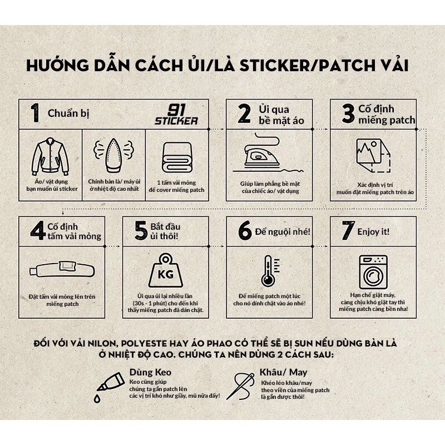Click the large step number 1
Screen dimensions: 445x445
point(34,113)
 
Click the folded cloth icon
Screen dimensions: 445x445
point(176,157)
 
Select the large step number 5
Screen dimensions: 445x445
point(140,230)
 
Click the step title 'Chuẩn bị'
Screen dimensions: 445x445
point(68,113)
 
